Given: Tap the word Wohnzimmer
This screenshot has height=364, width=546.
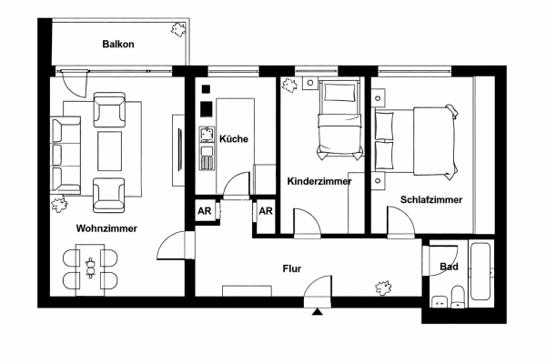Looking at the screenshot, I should coord(106,228).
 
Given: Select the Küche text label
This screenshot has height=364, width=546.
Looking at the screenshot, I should coord(234,138).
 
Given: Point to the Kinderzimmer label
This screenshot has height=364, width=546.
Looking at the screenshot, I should coord(319,181).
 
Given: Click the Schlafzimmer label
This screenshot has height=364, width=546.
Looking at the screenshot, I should coord(430,199).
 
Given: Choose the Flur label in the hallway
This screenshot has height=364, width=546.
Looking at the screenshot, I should coord(291,268).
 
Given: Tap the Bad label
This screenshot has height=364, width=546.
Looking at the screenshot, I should coord(449,267).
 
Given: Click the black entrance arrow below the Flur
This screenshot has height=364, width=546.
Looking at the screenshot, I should coord(317,311).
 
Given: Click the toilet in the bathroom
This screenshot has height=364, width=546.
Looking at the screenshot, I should coord(459,296).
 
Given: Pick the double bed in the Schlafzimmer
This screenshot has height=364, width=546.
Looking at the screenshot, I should coord(414,139).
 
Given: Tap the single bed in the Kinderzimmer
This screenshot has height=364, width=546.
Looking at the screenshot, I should coord(336,118).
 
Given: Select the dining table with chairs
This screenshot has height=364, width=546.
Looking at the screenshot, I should coord(90,269).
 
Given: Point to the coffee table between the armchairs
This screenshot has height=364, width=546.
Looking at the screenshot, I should coord(111,150).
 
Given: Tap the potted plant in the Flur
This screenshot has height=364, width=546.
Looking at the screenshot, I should coord(384,288).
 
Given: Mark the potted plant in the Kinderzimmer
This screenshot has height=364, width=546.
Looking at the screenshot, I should coord(291,87).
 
